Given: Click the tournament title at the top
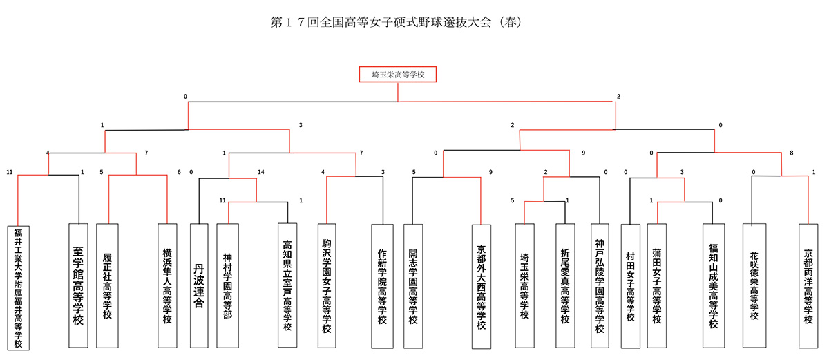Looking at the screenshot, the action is (x=396, y=22).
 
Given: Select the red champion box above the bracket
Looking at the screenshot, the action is (x=398, y=75).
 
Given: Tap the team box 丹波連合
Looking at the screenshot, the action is (x=199, y=285).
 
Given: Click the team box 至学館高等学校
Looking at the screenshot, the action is (x=78, y=285).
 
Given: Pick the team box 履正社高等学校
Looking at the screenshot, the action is (x=107, y=285).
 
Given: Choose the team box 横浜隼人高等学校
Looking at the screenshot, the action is (x=167, y=285).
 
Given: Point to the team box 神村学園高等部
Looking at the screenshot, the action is (x=227, y=285).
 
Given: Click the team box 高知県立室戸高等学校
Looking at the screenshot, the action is (x=287, y=285).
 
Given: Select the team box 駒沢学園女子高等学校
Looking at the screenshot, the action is (x=327, y=285).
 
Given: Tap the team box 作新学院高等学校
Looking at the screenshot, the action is (x=382, y=286).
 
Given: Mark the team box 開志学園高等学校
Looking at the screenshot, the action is (x=413, y=286).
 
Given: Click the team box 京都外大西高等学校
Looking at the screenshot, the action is (x=482, y=287).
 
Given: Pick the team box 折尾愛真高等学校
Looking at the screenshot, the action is (x=565, y=285).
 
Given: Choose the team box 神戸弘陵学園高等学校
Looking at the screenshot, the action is (x=600, y=285).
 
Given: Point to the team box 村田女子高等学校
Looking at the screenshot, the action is (x=631, y=286).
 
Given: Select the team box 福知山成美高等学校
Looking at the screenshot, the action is (x=714, y=285).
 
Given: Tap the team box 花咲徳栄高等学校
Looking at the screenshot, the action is (x=754, y=285).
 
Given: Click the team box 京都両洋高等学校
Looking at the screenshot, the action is (x=808, y=286).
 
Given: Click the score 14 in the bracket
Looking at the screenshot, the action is (x=261, y=172).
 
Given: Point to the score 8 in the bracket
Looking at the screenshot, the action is (x=791, y=153).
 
